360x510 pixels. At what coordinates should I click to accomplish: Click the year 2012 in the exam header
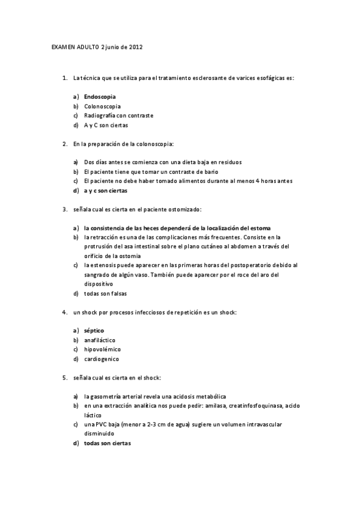coord(136,47)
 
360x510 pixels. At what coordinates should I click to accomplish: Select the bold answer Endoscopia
coord(100,96)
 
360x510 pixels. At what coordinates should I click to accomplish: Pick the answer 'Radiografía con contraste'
coord(119,115)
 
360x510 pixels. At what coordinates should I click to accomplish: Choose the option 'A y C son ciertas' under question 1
coord(106,125)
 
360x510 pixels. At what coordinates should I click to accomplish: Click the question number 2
coord(64,144)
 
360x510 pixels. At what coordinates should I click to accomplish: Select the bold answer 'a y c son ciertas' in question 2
coord(106,191)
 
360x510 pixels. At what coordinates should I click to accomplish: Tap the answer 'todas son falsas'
coord(106,293)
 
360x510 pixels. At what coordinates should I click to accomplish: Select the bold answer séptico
coord(94,331)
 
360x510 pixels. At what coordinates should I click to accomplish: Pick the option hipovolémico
coord(102,349)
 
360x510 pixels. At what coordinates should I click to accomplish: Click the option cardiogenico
coord(102,359)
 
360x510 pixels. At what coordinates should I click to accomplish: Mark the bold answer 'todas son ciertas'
coord(107,443)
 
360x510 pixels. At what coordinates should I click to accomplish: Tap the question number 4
coord(64,312)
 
